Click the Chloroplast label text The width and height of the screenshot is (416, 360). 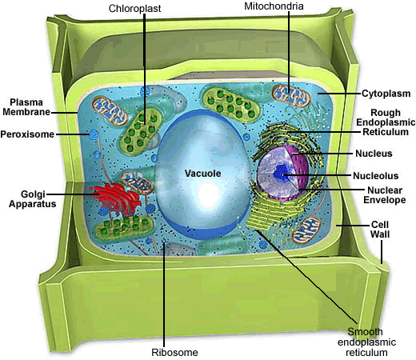pos(134,9)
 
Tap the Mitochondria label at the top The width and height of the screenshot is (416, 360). pos(274,6)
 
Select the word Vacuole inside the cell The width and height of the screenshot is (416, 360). pos(203,174)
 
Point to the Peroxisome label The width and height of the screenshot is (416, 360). pos(27,134)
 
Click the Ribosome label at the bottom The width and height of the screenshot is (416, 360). pos(174,352)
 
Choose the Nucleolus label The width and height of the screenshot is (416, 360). pos(376,176)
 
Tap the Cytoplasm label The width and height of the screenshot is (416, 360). pos(386,94)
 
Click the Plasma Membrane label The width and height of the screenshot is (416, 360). pos(26,107)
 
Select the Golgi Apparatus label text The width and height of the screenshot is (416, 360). pos(33,199)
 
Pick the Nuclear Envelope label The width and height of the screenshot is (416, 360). pos(385,195)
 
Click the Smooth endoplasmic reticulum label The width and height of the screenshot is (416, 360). pos(366,342)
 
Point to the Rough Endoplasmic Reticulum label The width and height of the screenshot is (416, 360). pos(386,122)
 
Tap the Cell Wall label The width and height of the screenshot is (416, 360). pos(380,230)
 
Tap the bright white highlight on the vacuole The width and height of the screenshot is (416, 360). pos(210,193)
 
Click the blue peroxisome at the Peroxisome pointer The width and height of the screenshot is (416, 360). pos(94,134)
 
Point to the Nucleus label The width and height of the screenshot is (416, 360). pos(374,154)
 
